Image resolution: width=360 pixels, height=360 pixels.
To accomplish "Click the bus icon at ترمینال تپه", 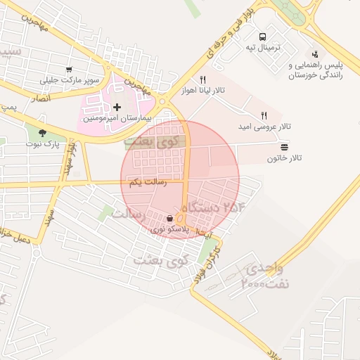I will click(x=262, y=37).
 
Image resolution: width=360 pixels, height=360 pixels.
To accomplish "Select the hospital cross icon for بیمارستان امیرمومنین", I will click(x=117, y=107).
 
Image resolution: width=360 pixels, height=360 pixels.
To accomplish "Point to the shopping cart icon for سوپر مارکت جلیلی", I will click(x=69, y=69).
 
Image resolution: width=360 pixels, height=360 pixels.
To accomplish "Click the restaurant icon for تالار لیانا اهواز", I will click(x=202, y=79).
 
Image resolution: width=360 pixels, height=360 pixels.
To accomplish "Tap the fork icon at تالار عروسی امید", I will click(x=264, y=115).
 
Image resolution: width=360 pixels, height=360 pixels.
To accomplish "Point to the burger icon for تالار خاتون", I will click(x=284, y=147).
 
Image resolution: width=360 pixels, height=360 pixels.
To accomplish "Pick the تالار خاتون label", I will click(x=284, y=158).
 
